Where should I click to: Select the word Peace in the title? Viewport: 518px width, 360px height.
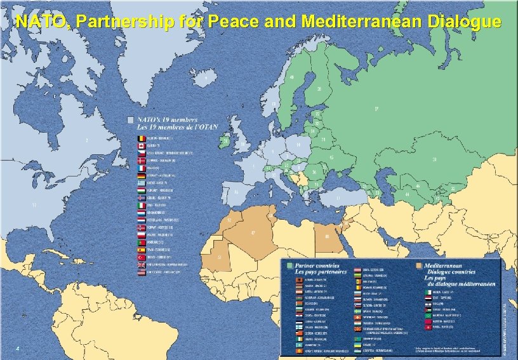click(241, 22)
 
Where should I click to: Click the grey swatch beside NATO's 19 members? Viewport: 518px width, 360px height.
click(129, 119)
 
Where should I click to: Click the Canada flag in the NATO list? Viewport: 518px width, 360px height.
click(141, 146)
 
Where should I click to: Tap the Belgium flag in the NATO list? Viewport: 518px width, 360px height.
click(141, 138)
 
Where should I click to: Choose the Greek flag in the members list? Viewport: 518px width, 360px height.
click(141, 181)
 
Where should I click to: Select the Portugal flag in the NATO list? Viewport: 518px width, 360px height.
click(141, 241)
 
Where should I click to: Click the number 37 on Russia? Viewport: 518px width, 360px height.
click(376, 109)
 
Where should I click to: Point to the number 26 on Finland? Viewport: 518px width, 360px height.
click(319, 89)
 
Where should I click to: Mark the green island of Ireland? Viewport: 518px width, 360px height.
click(223, 142)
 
